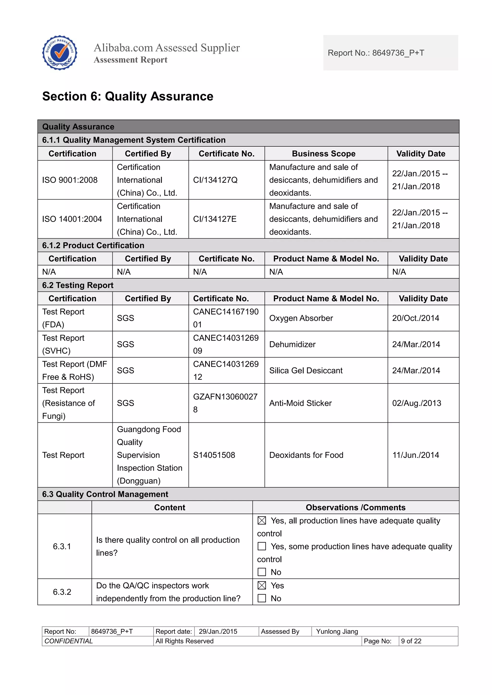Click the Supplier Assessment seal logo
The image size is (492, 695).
[x=60, y=53]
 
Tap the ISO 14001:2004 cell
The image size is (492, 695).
[x=72, y=219]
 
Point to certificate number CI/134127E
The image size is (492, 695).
[x=215, y=219]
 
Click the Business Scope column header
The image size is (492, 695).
[x=323, y=154]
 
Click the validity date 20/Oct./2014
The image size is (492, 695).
[x=415, y=318]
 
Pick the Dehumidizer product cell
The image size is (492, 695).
[x=292, y=344]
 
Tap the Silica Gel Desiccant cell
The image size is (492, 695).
[x=306, y=371]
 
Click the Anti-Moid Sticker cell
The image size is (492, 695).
[x=300, y=403]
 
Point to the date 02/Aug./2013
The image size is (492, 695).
[x=417, y=403]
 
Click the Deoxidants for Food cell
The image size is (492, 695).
[x=306, y=455]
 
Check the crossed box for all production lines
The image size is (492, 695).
[x=262, y=521]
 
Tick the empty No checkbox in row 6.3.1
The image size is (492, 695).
[x=262, y=572]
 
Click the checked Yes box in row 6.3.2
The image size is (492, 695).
[x=262, y=585]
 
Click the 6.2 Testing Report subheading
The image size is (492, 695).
[x=78, y=285]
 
